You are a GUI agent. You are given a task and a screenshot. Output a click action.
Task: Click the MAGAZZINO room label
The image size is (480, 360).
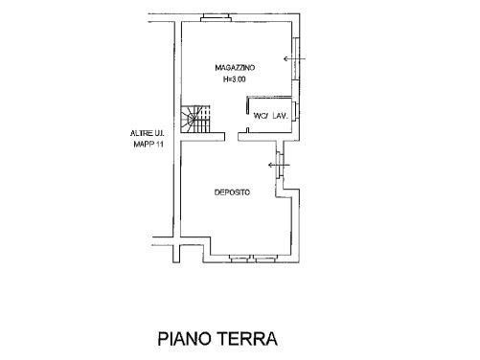coord(235,68)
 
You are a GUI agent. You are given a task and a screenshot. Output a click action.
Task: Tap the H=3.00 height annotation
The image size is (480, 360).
coord(234,79)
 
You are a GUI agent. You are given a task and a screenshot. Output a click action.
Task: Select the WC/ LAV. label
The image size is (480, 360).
coord(271,116)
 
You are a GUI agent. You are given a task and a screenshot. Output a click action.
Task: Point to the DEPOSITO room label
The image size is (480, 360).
coord(232,192)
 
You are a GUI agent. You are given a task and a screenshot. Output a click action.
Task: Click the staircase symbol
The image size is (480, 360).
coord(195,119)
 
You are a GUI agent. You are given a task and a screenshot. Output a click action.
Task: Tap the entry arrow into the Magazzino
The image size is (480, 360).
coord(295,58)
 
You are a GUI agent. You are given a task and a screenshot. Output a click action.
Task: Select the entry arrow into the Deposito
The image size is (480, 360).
coord(279,165)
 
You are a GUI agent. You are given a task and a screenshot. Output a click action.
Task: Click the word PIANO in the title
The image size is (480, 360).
coord(185,339)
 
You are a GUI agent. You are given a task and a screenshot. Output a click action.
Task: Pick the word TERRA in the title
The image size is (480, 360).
coord(247,339)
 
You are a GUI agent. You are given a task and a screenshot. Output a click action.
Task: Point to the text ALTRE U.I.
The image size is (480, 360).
coord(148,133)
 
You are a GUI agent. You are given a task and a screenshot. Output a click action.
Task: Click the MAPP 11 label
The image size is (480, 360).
coord(149,144)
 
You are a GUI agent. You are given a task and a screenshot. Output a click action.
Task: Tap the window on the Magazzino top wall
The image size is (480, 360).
coord(216,18)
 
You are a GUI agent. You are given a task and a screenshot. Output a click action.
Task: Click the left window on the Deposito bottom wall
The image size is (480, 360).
coord(239,259)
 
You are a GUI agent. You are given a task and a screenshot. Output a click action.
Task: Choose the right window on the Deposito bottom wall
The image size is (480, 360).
coord(265,259)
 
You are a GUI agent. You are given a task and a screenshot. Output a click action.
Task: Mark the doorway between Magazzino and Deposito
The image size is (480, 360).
coord(232,137)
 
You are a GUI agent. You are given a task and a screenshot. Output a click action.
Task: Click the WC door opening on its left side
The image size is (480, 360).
coord(248,120)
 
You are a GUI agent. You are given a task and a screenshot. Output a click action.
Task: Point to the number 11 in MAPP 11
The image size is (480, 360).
coord(160,144)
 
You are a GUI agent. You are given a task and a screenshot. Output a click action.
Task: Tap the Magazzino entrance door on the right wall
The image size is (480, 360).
coord(296,58)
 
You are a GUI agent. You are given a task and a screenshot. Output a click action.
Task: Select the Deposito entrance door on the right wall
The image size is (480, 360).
coord(280,165)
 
